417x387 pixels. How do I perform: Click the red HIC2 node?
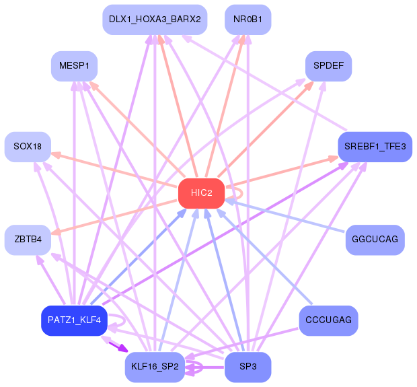201,193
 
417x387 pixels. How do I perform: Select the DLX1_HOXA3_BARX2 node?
155,20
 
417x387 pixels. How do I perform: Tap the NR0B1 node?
248,20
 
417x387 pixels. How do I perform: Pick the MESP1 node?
74,66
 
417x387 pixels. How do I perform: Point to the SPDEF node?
328,66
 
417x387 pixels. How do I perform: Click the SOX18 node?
28,147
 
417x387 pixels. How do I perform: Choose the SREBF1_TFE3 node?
375,147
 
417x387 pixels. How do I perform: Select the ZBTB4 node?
28,240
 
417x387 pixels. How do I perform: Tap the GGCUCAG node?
375,240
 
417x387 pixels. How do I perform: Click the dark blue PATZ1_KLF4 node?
74,320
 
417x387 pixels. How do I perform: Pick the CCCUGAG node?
328,320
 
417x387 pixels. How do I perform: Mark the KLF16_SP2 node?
155,367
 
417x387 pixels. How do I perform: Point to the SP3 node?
248,367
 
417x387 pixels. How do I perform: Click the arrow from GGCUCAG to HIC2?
285,216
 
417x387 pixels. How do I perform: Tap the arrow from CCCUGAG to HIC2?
264,256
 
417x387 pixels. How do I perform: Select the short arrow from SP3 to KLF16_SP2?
204,367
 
